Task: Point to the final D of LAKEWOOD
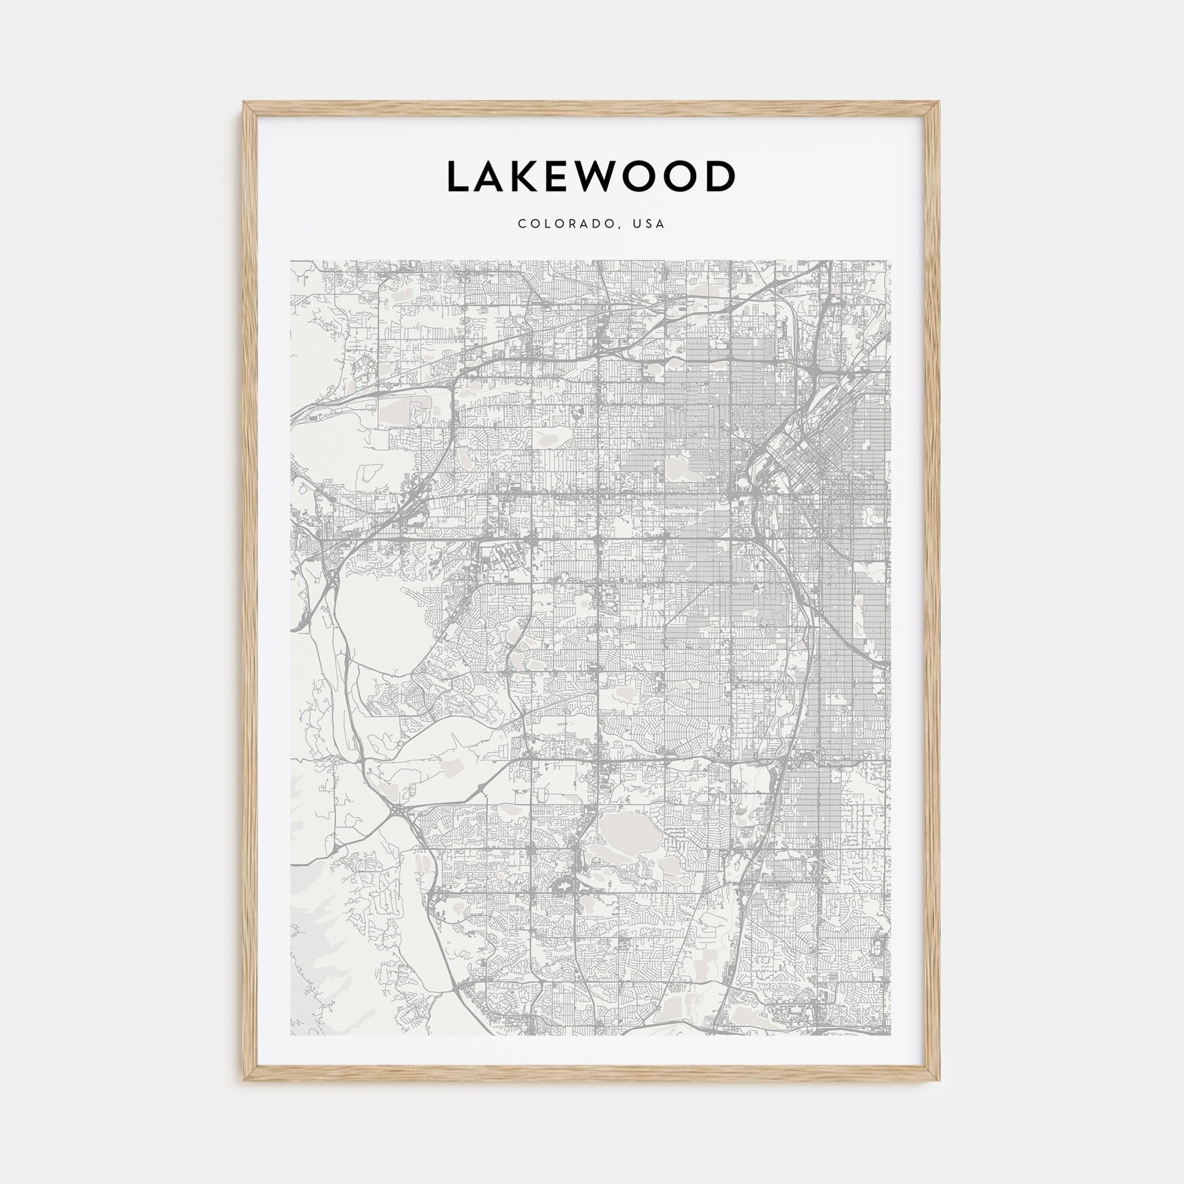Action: point(719,177)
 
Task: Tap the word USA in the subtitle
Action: point(649,224)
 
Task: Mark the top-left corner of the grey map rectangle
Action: point(291,261)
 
